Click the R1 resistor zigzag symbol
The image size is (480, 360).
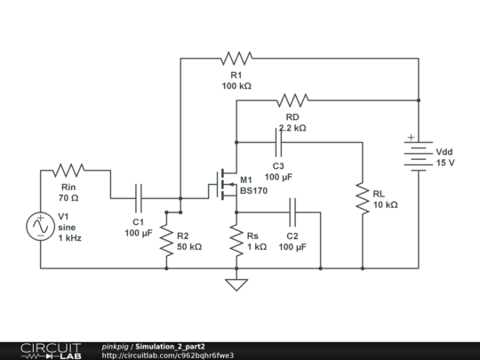236,58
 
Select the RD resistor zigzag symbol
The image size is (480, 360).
292,100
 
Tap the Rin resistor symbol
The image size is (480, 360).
68,170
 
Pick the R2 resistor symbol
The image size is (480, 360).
166,240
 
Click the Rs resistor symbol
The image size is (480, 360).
236,240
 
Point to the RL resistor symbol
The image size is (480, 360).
363,198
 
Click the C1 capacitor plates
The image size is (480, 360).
139,198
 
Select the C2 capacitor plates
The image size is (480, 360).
292,212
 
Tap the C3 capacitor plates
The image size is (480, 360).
278,142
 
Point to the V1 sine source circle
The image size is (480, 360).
40,227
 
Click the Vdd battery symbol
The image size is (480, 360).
418,156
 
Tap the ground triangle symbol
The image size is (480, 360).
236,284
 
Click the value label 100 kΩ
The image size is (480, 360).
236,86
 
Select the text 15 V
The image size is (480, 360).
445,163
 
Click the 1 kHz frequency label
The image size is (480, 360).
70,238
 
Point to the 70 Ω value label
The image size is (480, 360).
68,198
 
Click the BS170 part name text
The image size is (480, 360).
253,191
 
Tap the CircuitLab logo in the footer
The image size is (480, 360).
51,351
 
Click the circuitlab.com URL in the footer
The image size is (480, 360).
168,356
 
